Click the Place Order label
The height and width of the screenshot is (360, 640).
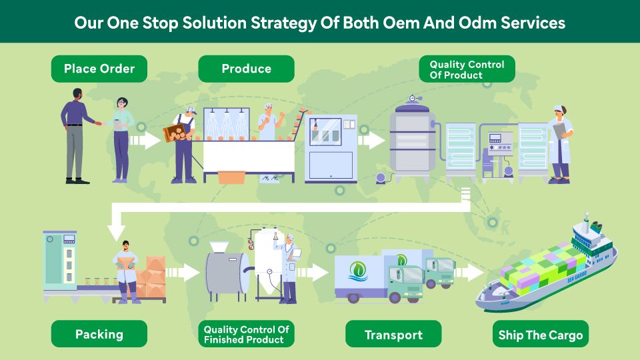point(99,69)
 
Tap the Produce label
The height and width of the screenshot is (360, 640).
point(246,69)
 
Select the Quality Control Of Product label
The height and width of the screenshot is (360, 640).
point(467,69)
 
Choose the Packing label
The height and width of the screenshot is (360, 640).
point(99,334)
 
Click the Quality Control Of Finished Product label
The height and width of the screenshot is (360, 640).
point(246,334)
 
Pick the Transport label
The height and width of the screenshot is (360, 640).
point(393,334)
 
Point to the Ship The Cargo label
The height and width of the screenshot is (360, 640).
point(541,334)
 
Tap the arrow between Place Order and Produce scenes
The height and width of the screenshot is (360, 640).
point(145,141)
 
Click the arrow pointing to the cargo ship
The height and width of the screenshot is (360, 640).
point(469,272)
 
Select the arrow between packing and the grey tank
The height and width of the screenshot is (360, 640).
point(183,272)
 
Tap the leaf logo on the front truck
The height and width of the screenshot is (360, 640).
point(358,271)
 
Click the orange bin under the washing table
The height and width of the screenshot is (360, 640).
point(231,177)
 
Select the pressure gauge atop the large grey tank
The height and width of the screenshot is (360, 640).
point(413,99)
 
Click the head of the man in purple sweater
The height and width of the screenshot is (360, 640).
point(77,94)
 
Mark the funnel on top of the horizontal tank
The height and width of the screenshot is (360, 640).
point(219,247)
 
